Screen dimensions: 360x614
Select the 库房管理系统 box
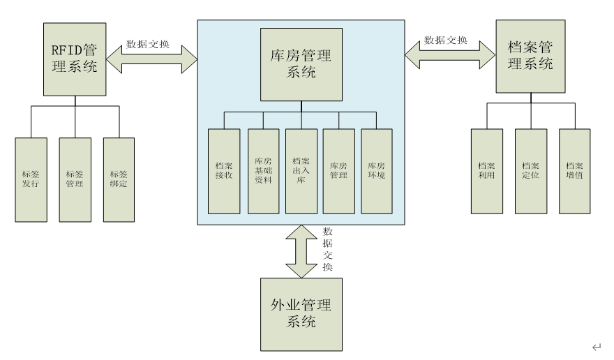tap(301, 64)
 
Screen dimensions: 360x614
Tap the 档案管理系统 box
tap(531, 56)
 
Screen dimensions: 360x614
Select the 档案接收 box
tap(224, 171)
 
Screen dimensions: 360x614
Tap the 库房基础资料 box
tap(263, 171)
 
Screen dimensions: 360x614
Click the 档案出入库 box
tap(301, 171)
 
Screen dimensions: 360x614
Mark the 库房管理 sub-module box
tap(339, 171)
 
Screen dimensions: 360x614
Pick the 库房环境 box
tap(377, 171)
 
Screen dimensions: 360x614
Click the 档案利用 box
tap(486, 171)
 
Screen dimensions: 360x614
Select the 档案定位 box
tap(530, 171)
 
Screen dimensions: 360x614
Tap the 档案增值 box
tap(575, 171)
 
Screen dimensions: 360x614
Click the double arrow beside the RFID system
tap(151, 60)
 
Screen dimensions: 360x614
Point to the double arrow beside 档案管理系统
tap(450, 55)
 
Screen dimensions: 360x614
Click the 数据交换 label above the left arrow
tap(147, 44)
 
